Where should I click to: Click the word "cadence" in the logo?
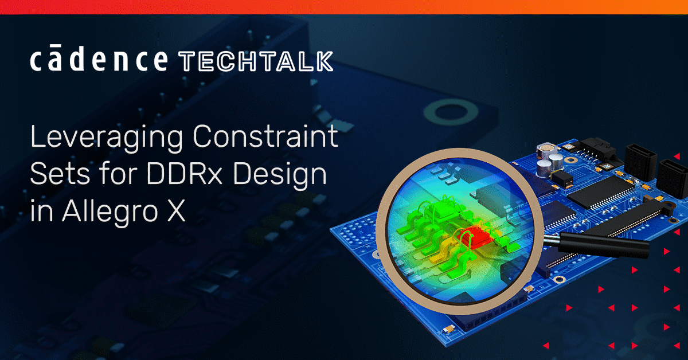[99, 60]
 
